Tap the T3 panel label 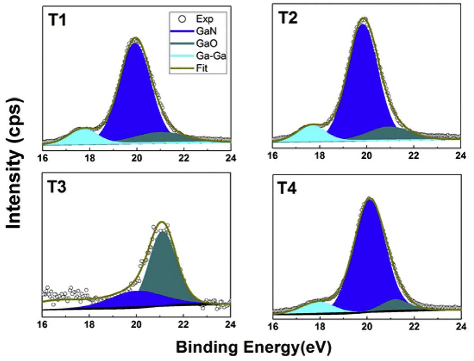(57, 186)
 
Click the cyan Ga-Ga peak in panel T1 (83, 135)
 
